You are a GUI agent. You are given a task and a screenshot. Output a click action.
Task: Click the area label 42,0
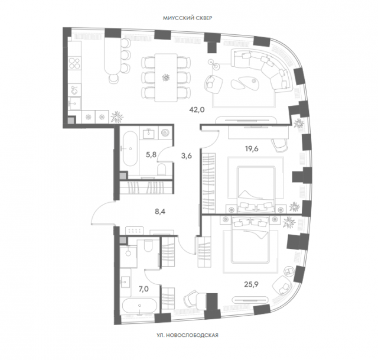pyautogui.click(x=197, y=110)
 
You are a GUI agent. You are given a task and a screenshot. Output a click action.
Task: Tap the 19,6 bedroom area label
pyautogui.click(x=252, y=149)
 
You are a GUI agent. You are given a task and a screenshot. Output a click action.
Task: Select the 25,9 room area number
pyautogui.click(x=251, y=284)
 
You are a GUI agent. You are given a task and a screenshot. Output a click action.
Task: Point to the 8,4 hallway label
pyautogui.click(x=160, y=212)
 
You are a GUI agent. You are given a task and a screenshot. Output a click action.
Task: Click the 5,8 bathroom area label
pyautogui.click(x=151, y=155)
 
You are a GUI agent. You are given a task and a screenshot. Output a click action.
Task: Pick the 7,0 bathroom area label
pyautogui.click(x=144, y=289)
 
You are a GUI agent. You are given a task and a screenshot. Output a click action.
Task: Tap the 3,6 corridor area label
pyautogui.click(x=187, y=156)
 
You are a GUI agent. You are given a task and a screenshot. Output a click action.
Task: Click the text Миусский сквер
pyautogui.click(x=188, y=18)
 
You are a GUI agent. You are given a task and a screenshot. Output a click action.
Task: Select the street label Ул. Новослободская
pyautogui.click(x=187, y=335)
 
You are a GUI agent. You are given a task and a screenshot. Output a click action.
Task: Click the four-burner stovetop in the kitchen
pyautogui.click(x=74, y=63)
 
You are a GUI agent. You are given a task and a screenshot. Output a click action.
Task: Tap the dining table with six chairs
pyautogui.click(x=166, y=77)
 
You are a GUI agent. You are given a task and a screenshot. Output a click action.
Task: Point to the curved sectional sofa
pyautogui.click(x=263, y=69)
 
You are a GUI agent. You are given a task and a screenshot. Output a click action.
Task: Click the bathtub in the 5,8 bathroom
pyautogui.click(x=130, y=148)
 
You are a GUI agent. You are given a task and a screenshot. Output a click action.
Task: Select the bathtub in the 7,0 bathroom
pyautogui.click(x=140, y=306)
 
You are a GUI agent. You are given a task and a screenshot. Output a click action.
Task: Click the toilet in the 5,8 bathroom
pyautogui.click(x=161, y=169)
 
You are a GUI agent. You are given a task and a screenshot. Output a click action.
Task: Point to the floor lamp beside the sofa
pyautogui.click(x=214, y=64)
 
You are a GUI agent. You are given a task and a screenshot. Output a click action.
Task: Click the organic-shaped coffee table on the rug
pyautogui.click(x=244, y=82)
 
